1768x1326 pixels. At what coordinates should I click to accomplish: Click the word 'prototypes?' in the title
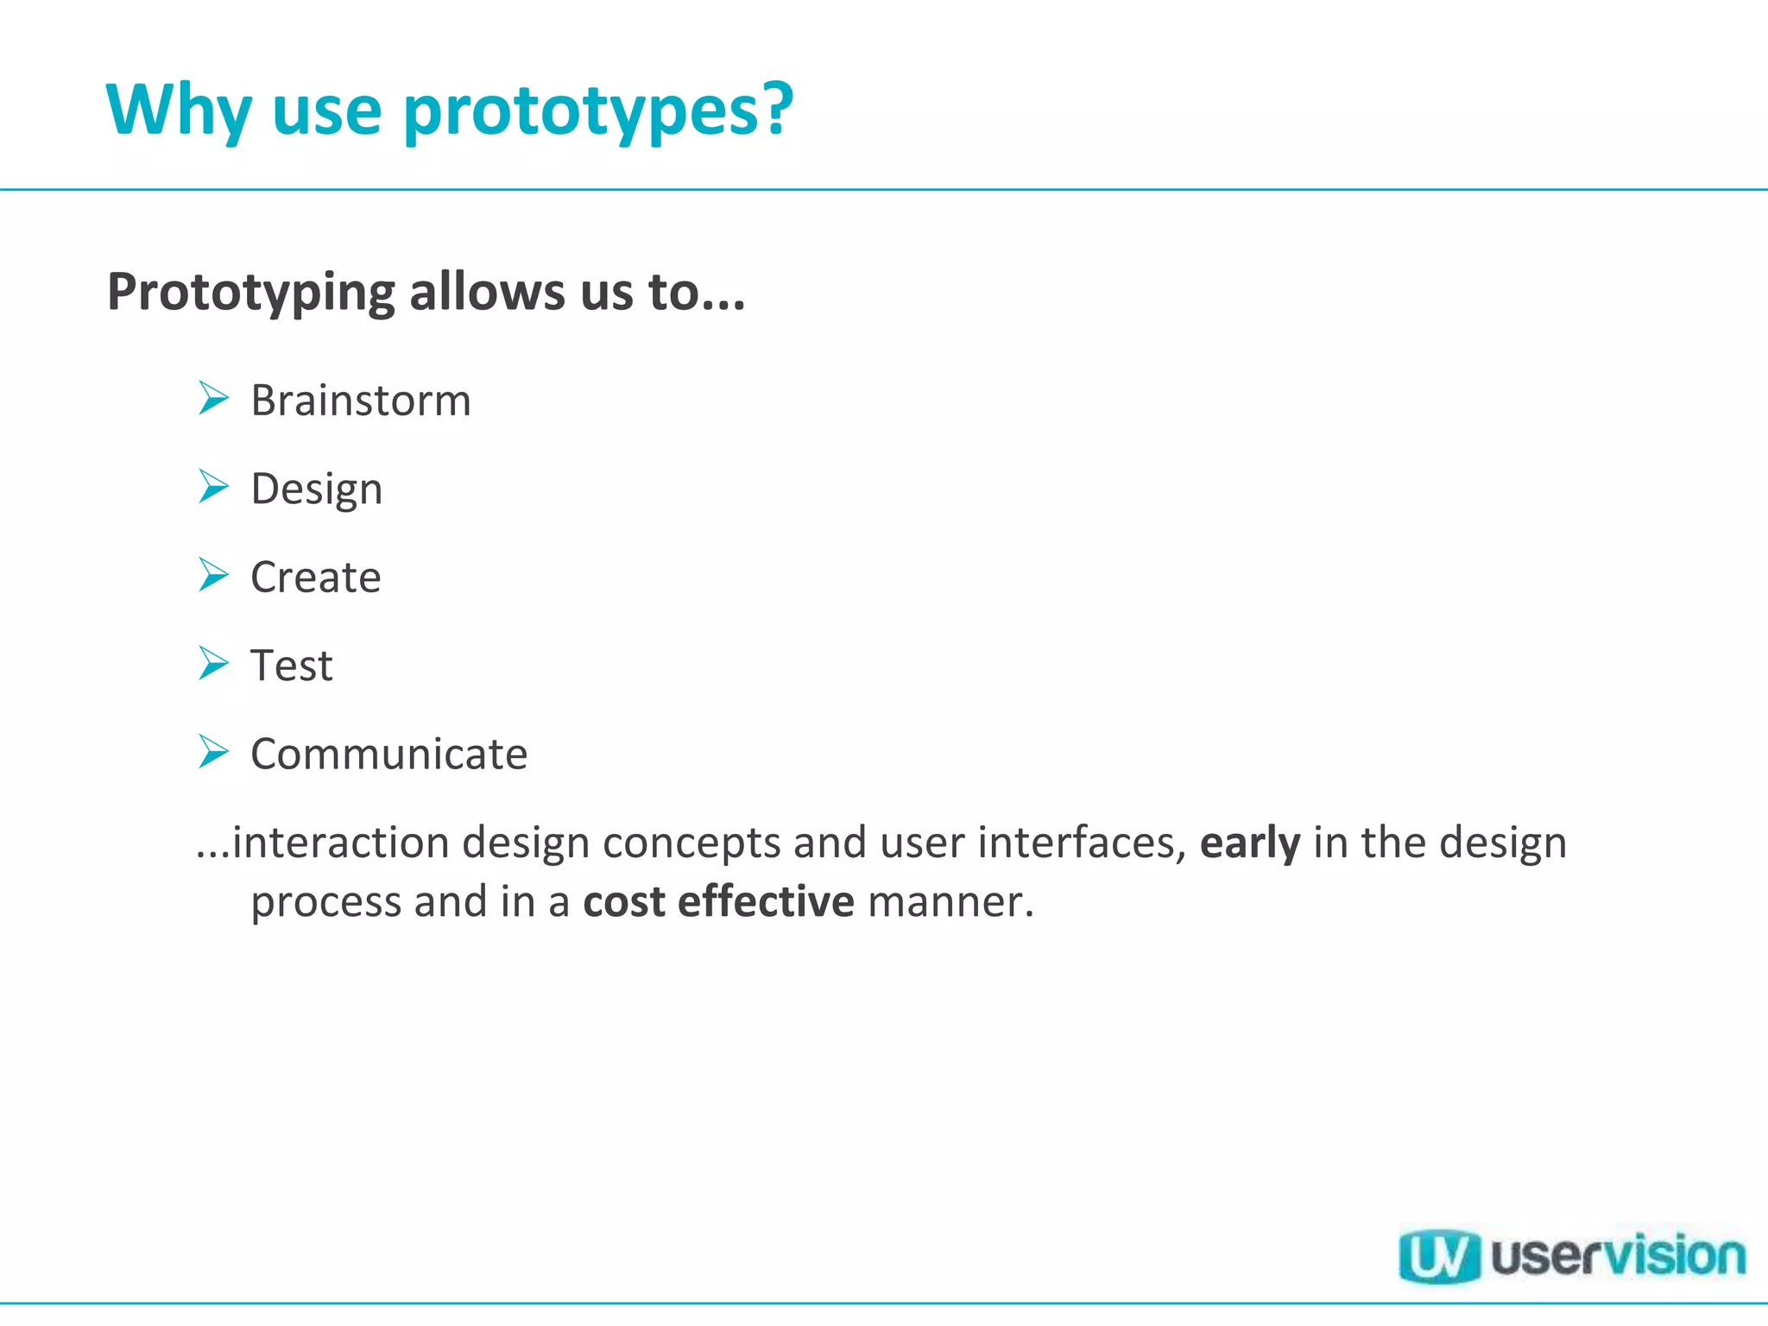pyautogui.click(x=597, y=110)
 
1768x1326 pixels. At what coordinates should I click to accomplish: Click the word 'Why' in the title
pyautogui.click(x=179, y=110)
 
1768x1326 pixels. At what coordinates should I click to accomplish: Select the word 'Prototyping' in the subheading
pyautogui.click(x=250, y=293)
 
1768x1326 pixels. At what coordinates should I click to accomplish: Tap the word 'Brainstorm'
pyautogui.click(x=361, y=401)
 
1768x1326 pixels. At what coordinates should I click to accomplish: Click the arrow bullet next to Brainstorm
pyautogui.click(x=213, y=398)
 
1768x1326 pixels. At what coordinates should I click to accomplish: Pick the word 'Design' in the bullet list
pyautogui.click(x=316, y=489)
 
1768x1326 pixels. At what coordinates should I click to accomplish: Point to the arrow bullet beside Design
pyautogui.click(x=213, y=486)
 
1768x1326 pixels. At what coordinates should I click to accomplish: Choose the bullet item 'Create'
pyautogui.click(x=315, y=578)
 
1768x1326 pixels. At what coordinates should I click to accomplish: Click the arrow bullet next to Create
pyautogui.click(x=213, y=574)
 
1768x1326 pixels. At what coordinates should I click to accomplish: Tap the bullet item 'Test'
pyautogui.click(x=291, y=666)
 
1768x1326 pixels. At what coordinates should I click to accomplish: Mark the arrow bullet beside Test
pyautogui.click(x=213, y=663)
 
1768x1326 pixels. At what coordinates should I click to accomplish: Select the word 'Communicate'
pyautogui.click(x=388, y=755)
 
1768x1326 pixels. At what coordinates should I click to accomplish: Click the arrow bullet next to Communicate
pyautogui.click(x=213, y=751)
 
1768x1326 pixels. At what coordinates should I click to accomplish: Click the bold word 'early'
pyautogui.click(x=1249, y=843)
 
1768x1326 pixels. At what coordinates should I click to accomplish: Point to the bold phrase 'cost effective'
pyautogui.click(x=718, y=902)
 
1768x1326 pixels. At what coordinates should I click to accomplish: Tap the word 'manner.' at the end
pyautogui.click(x=950, y=902)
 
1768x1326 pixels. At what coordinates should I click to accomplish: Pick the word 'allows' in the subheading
pyautogui.click(x=487, y=292)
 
